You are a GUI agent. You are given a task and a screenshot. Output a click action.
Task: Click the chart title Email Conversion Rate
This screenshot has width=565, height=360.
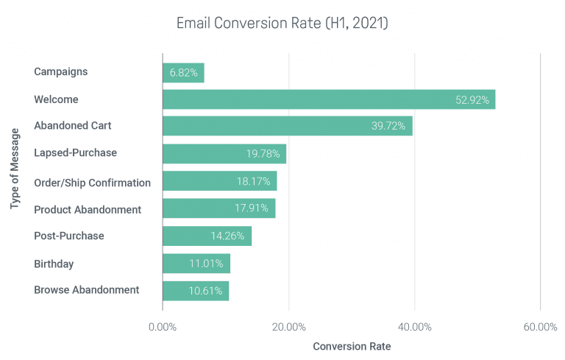click(282, 24)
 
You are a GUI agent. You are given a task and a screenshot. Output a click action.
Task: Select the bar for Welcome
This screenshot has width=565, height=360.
click(328, 99)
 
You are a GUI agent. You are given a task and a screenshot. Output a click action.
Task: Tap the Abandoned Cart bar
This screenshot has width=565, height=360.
click(287, 126)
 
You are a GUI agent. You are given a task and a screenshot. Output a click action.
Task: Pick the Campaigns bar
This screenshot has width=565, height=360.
click(183, 72)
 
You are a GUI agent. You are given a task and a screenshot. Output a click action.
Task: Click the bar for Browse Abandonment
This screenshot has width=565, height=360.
click(195, 290)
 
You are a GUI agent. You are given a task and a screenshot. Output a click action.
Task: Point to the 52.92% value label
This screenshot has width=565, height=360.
click(472, 100)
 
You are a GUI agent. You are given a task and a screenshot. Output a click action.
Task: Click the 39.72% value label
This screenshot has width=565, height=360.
click(388, 126)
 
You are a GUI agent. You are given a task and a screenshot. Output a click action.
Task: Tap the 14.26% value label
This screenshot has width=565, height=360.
click(227, 236)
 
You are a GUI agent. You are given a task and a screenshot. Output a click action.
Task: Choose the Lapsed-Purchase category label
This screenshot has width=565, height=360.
click(75, 153)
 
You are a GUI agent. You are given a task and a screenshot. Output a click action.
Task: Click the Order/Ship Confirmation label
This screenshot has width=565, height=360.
click(92, 183)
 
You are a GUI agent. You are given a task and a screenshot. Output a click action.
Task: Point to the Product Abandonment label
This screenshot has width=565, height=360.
click(88, 210)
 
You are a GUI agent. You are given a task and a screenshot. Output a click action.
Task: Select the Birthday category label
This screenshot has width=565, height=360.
click(54, 264)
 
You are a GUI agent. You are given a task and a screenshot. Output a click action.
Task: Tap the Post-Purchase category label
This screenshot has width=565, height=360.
click(69, 236)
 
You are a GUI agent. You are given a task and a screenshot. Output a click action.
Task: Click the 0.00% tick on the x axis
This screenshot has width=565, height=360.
click(162, 327)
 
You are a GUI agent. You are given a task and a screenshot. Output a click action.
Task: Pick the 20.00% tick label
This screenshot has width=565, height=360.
click(288, 327)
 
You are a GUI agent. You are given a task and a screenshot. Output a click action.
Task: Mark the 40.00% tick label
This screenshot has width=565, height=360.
click(414, 327)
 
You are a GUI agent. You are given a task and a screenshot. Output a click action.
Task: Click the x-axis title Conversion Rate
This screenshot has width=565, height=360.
click(352, 346)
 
